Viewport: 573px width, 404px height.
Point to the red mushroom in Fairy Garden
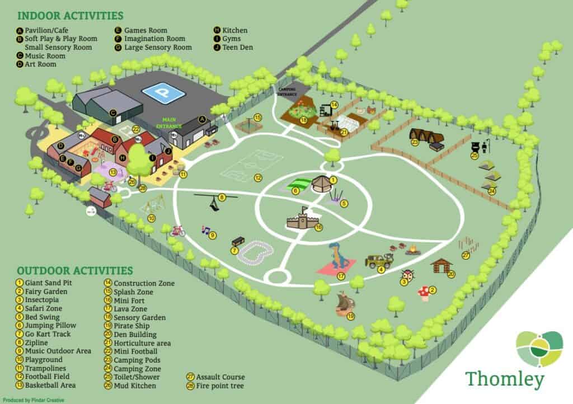pyautogui.click(x=424, y=292)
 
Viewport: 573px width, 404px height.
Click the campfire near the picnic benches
pyautogui.click(x=414, y=250)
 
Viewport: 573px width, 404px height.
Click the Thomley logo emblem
pyautogui.click(x=539, y=349)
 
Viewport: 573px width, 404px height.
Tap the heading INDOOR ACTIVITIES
pyautogui.click(x=71, y=15)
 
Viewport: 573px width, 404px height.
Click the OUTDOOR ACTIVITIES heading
pyautogui.click(x=74, y=271)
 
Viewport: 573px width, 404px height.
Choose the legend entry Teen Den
pyautogui.click(x=238, y=48)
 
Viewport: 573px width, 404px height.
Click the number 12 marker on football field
pyautogui.click(x=258, y=178)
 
